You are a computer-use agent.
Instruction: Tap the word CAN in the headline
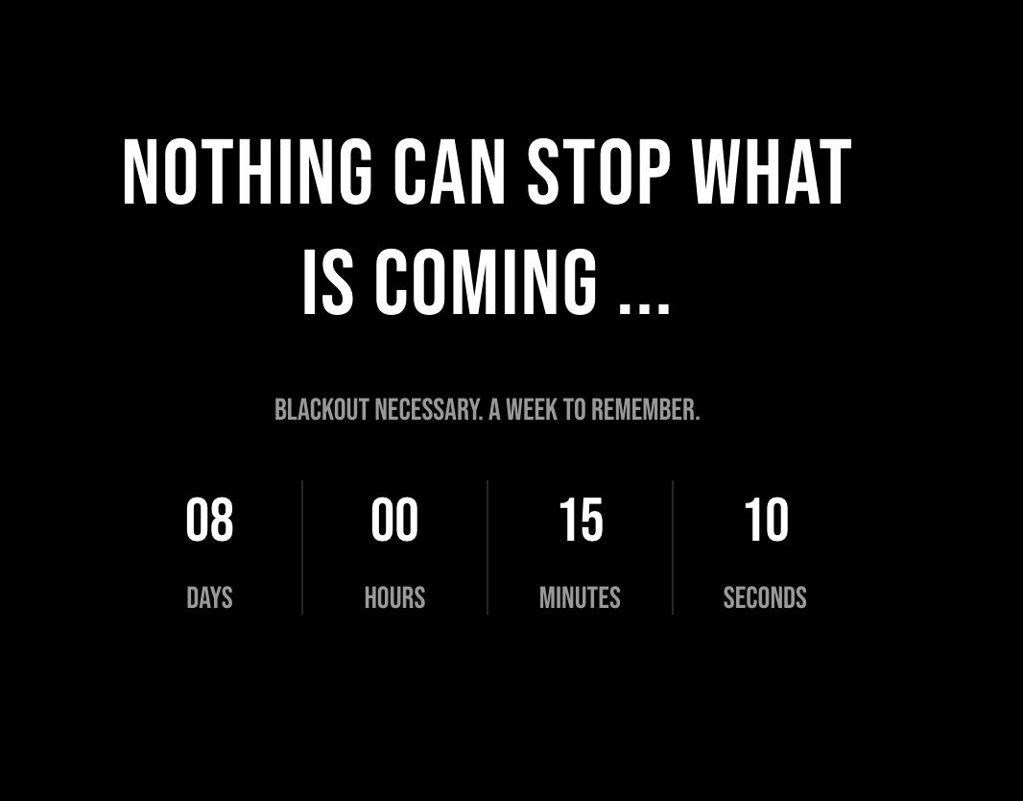(x=449, y=173)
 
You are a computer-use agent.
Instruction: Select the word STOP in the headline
(x=599, y=173)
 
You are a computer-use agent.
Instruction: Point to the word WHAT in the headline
(x=772, y=173)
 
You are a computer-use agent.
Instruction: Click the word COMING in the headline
(x=486, y=282)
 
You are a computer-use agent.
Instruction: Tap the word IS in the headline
(x=327, y=282)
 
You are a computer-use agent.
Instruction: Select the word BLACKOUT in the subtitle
(x=321, y=410)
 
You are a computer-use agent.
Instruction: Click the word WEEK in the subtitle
(x=532, y=410)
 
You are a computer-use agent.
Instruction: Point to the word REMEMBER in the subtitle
(x=645, y=410)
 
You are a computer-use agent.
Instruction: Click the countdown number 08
(x=209, y=521)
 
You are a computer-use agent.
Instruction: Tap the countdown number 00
(x=394, y=521)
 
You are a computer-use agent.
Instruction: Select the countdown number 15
(x=581, y=521)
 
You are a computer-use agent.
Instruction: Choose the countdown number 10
(x=766, y=521)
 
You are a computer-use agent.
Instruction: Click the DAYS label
(x=209, y=598)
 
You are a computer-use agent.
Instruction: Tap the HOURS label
(x=394, y=598)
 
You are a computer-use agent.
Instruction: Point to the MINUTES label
(x=580, y=598)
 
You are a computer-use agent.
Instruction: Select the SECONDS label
(x=765, y=598)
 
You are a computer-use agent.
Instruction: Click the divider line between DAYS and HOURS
(x=302, y=547)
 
